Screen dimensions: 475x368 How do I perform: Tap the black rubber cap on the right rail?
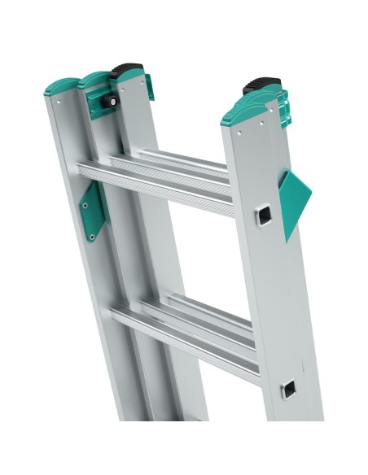pyautogui.click(x=261, y=85)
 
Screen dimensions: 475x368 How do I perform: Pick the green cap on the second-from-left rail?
pyautogui.click(x=94, y=80)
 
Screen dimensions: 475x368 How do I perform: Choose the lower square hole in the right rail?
pyautogui.click(x=290, y=389)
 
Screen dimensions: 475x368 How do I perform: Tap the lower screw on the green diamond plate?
pyautogui.click(x=92, y=237)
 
